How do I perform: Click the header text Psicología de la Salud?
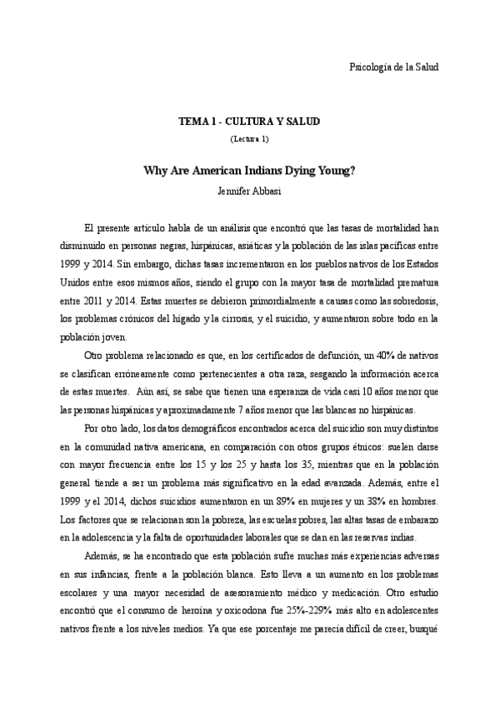coord(392,66)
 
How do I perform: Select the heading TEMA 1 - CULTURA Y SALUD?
coord(249,122)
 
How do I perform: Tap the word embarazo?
coord(417,520)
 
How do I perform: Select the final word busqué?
coord(422,629)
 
